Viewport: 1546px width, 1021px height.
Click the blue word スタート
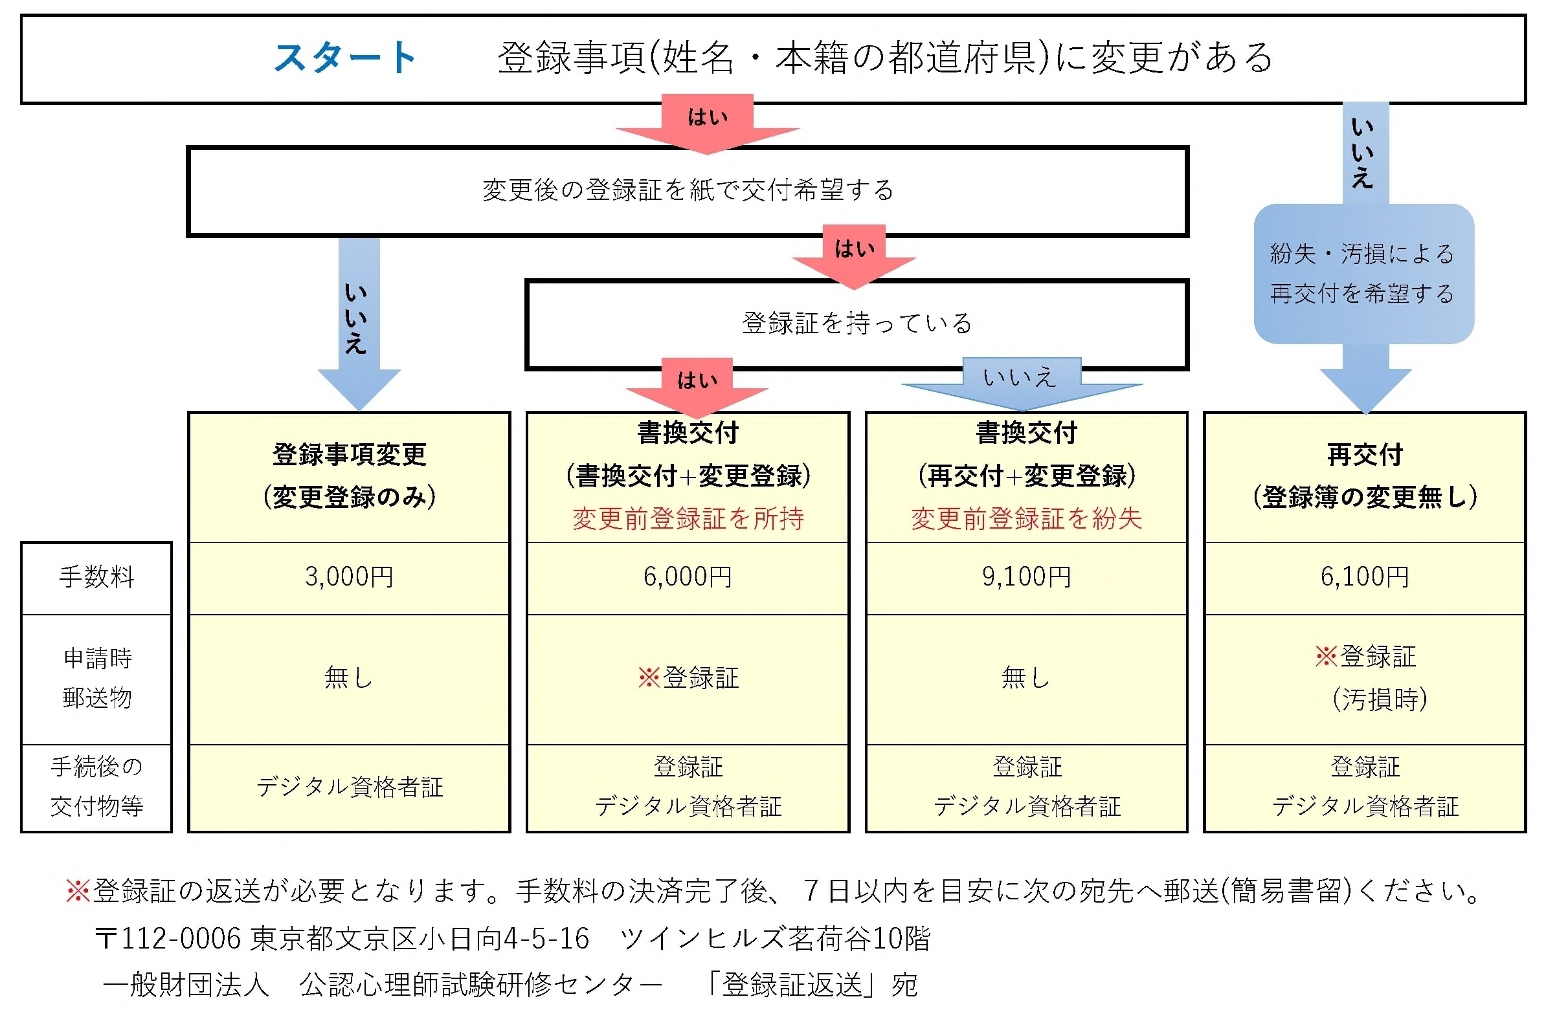344,58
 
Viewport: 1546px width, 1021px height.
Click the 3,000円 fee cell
349,577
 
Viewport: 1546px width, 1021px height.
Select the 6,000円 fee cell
688,577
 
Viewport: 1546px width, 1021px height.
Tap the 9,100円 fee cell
1026,577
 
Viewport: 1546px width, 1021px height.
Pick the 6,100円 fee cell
1364,577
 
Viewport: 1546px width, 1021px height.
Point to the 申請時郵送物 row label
97,678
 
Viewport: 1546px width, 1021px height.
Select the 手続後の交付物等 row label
96,787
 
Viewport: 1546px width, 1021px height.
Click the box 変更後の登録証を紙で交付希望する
688,191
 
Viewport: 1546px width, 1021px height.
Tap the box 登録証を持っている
856,324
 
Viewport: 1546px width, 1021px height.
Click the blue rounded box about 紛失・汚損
1363,274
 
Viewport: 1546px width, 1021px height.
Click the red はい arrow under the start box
708,124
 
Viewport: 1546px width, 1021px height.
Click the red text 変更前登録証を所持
688,519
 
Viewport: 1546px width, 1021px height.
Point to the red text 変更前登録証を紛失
1026,519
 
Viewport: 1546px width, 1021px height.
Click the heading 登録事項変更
349,454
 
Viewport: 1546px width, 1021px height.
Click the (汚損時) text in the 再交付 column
1378,700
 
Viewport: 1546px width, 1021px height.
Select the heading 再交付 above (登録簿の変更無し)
1364,454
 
